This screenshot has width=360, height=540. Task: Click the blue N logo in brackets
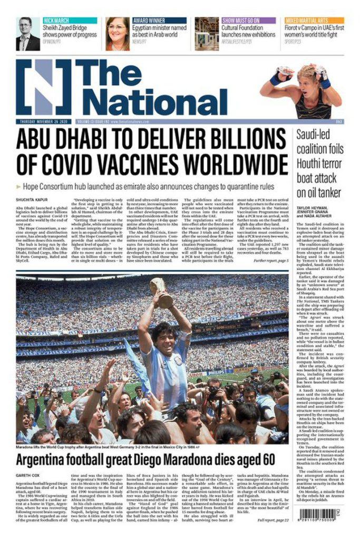43,87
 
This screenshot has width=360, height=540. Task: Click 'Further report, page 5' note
270,261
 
